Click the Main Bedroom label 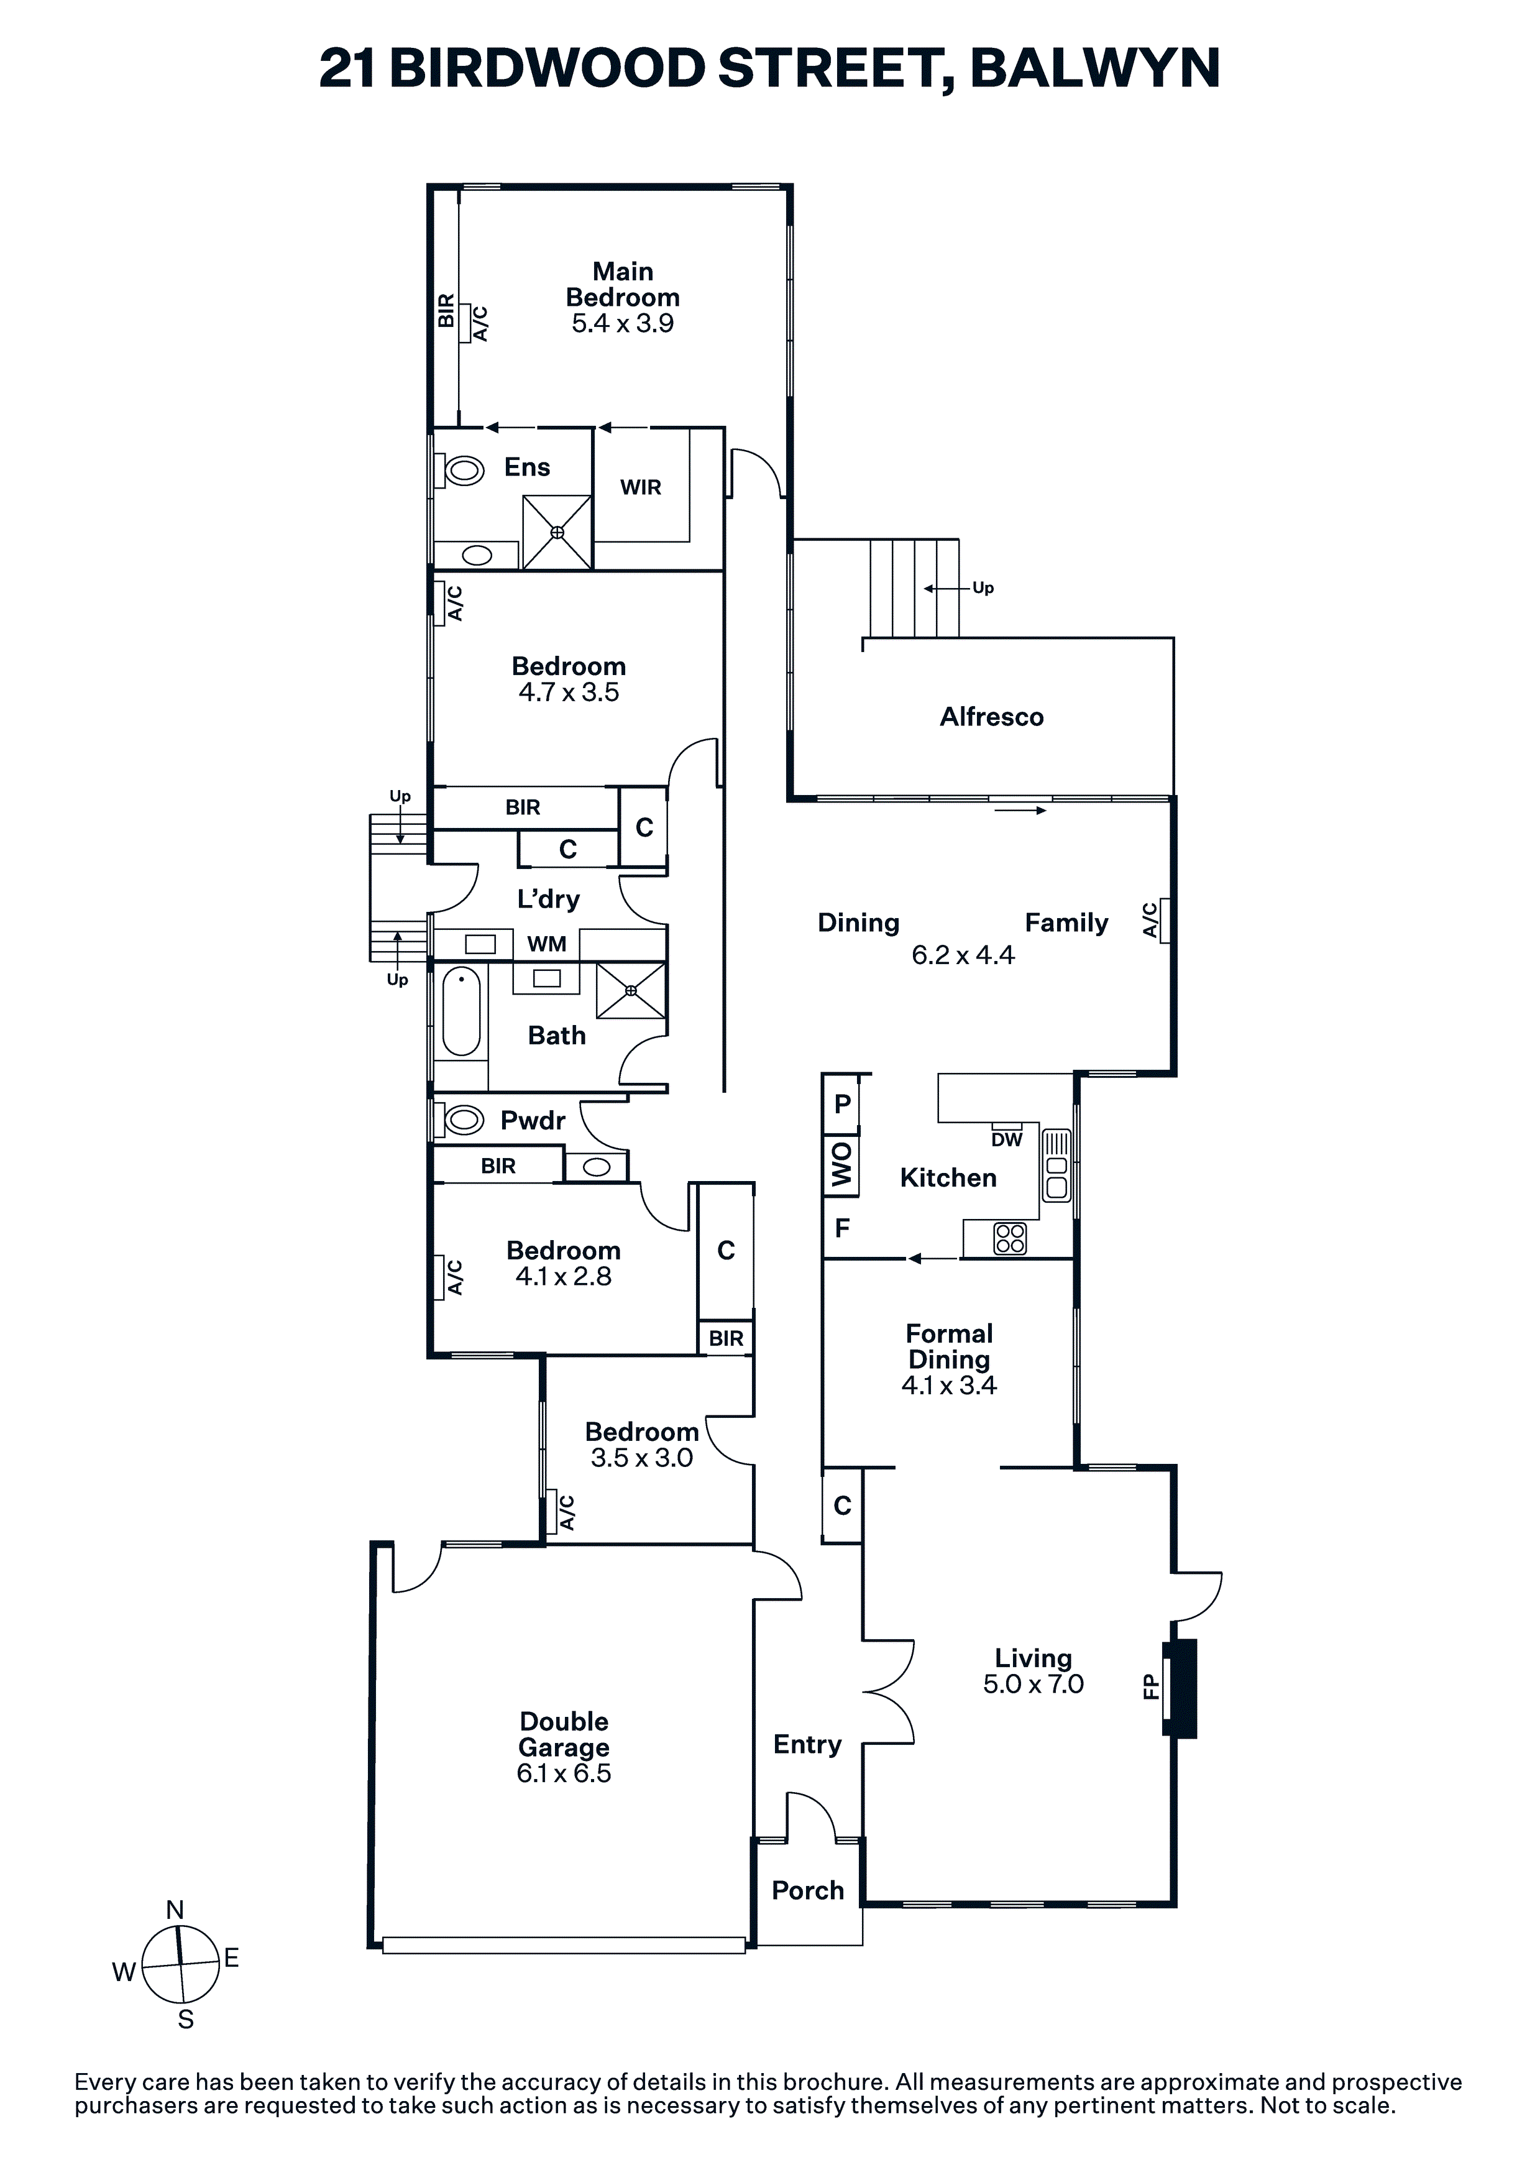point(623,285)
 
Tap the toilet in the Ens point(459,469)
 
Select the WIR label point(641,487)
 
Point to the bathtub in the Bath point(461,1012)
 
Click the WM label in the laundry point(547,944)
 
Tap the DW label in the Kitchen point(1006,1139)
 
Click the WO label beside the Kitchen point(841,1164)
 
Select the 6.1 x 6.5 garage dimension point(564,1773)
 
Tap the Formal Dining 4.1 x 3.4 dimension point(950,1386)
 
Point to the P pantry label point(842,1104)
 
